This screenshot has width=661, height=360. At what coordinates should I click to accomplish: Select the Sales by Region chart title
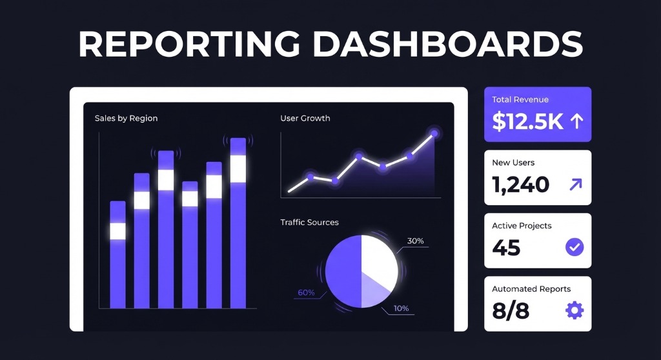(x=126, y=118)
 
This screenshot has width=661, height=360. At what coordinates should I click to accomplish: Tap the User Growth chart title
(x=305, y=118)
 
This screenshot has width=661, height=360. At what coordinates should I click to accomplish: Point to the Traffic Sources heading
(x=309, y=222)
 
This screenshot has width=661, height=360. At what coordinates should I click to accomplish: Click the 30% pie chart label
(x=415, y=241)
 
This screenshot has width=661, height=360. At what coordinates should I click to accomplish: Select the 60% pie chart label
(x=306, y=292)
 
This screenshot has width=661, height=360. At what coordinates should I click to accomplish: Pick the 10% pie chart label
(x=401, y=308)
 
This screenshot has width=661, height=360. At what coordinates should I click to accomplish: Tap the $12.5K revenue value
(x=527, y=121)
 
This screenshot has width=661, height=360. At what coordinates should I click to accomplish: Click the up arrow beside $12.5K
(x=576, y=121)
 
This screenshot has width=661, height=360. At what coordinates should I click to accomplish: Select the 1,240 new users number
(x=520, y=185)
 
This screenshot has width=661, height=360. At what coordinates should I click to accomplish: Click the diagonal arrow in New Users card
(x=575, y=185)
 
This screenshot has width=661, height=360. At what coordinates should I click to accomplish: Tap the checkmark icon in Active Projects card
(x=574, y=246)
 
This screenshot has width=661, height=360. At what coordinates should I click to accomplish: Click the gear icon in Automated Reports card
(x=574, y=310)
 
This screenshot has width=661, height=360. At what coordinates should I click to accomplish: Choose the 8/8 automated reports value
(x=510, y=310)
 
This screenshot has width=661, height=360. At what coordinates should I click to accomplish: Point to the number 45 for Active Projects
(x=506, y=247)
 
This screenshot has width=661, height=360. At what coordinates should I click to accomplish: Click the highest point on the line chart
(x=434, y=134)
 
